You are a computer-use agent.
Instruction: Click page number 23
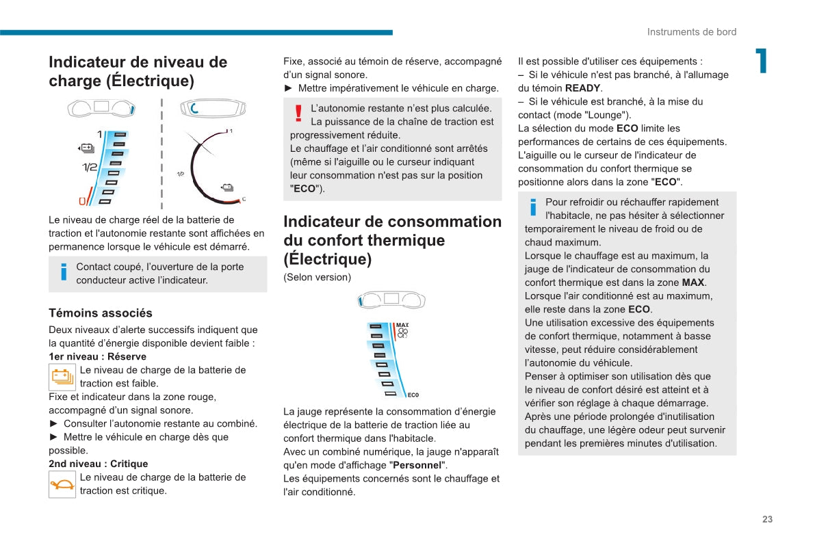point(767,519)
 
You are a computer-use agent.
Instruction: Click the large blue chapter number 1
point(760,61)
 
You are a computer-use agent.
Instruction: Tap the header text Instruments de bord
point(692,32)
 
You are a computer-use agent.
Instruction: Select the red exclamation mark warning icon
point(298,114)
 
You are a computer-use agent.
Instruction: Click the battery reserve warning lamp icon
point(62,377)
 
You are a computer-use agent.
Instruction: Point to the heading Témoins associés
point(101,313)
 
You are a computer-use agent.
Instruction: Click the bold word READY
point(582,88)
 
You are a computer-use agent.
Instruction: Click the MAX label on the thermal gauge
point(402,325)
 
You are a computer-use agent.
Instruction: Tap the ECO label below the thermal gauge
point(413,395)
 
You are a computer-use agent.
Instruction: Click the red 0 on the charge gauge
point(82,201)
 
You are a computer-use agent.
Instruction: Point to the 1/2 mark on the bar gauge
point(90,168)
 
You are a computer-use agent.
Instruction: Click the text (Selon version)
point(317,277)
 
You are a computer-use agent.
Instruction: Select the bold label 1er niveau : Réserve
point(97,356)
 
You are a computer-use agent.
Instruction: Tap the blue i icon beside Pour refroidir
point(533,208)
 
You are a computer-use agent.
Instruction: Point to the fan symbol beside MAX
point(402,334)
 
